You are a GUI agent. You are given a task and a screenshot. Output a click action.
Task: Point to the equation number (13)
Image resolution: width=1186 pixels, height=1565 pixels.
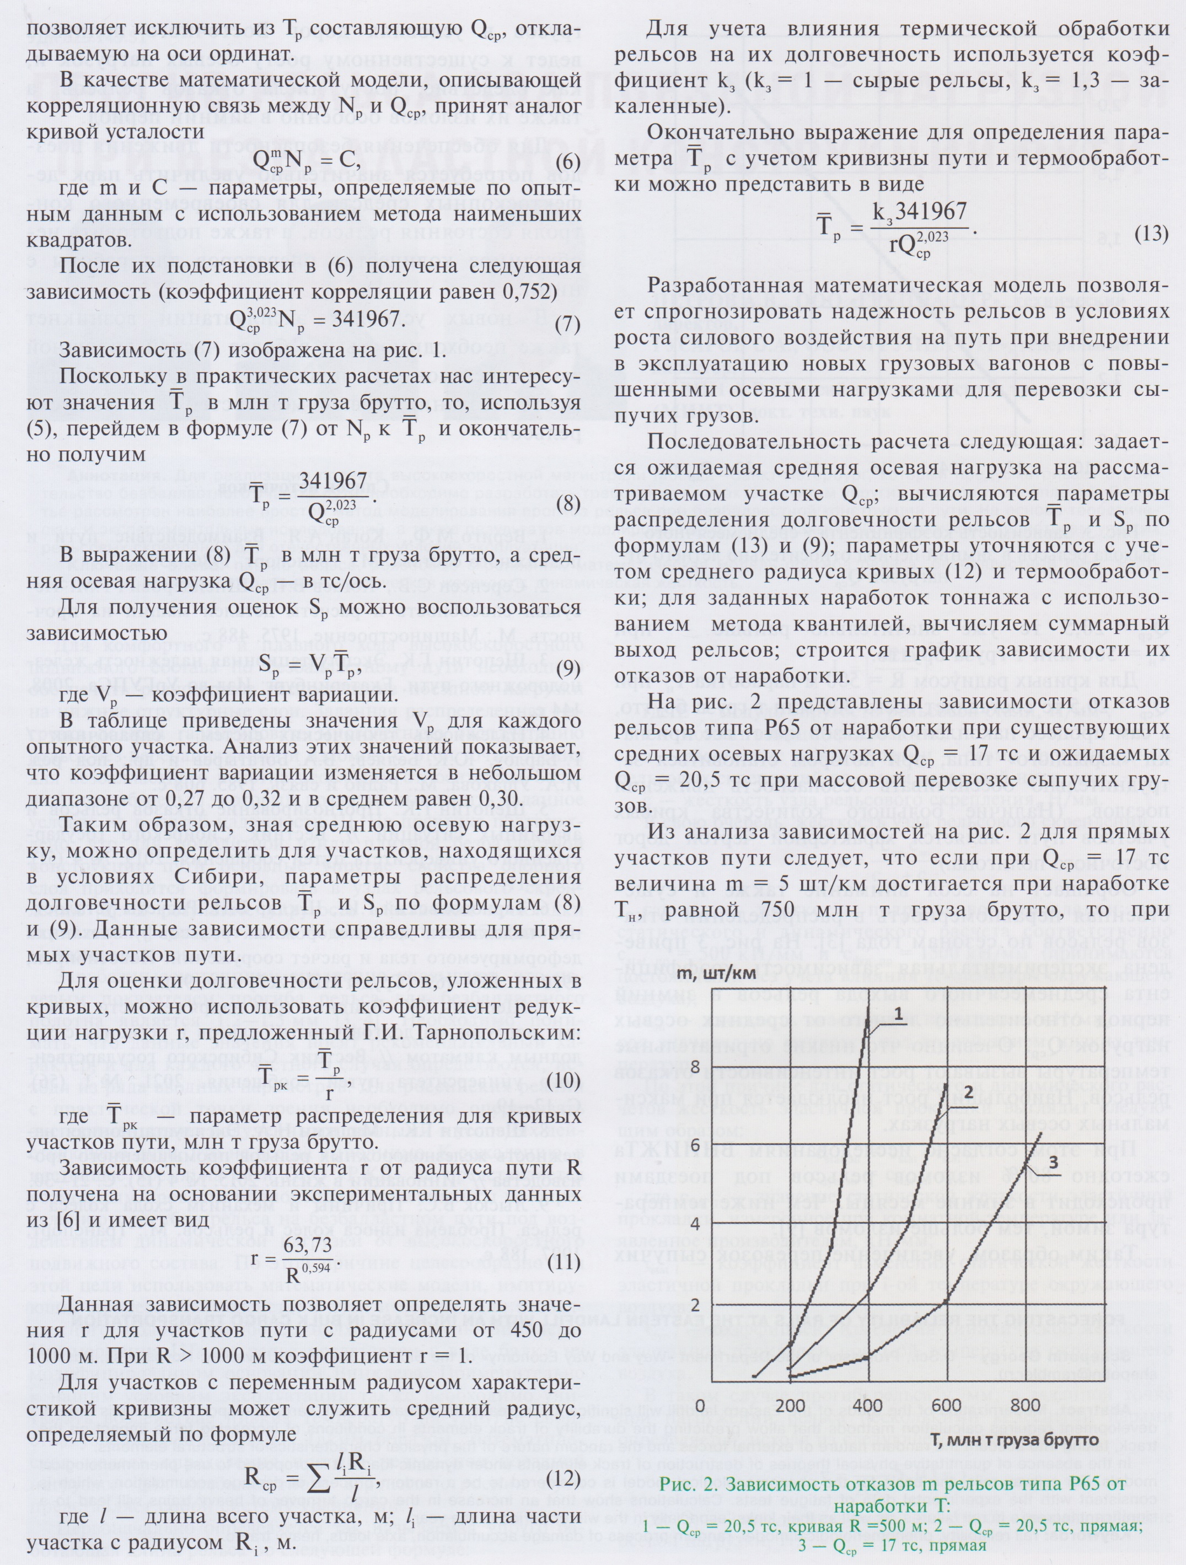click(1151, 234)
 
